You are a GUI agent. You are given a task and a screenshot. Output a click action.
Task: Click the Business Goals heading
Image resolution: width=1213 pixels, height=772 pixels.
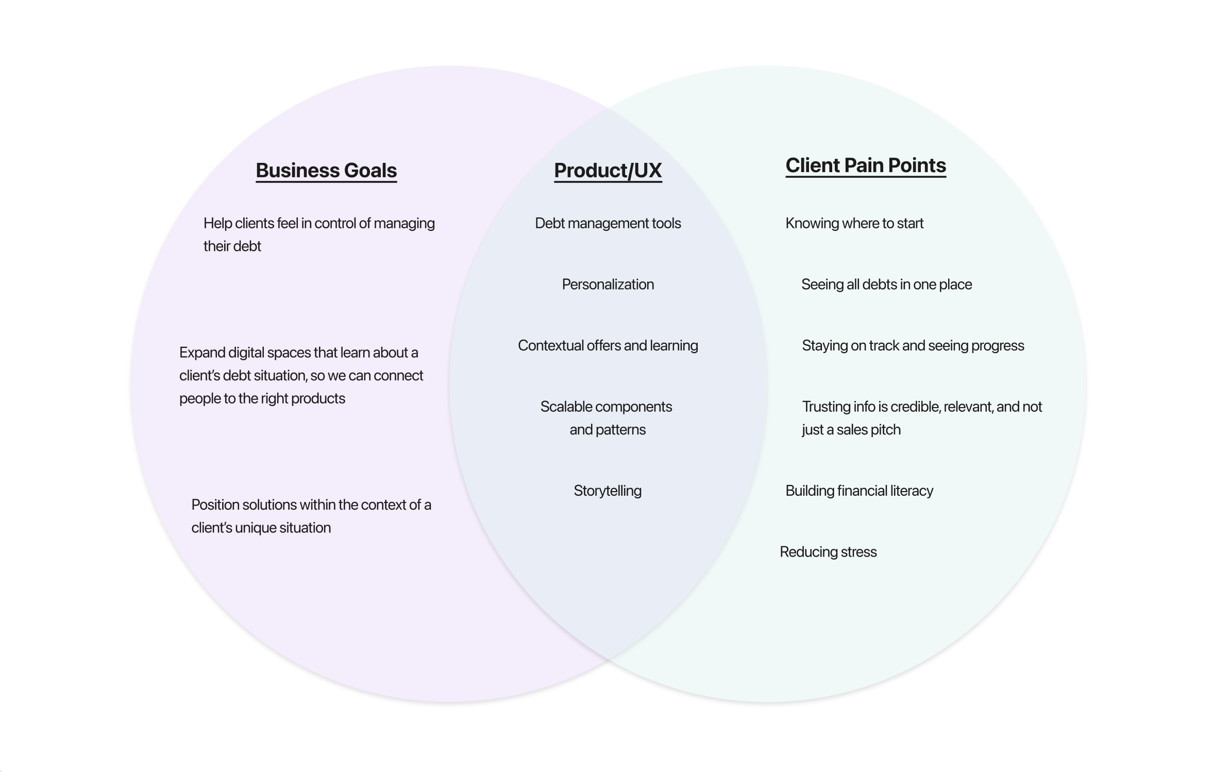326,171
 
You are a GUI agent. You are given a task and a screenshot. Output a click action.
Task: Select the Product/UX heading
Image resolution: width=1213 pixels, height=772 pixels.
608,171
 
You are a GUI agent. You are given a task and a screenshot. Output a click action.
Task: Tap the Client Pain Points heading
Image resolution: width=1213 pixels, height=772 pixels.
866,165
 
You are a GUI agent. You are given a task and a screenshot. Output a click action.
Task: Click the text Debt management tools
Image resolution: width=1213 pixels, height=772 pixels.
608,223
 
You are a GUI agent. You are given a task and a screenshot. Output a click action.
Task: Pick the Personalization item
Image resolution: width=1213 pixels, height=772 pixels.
608,284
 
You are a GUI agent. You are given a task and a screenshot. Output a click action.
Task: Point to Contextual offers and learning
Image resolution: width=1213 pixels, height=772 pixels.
608,345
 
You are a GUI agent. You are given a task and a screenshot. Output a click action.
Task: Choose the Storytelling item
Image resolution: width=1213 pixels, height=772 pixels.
608,491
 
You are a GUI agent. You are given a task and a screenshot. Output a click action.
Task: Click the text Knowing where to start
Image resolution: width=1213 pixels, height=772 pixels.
854,223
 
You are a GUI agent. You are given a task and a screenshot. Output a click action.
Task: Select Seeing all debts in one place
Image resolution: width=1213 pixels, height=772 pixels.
886,284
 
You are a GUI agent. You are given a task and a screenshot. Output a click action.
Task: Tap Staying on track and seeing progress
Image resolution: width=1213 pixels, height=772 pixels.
913,345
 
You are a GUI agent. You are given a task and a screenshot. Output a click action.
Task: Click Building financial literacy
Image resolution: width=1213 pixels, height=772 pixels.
859,491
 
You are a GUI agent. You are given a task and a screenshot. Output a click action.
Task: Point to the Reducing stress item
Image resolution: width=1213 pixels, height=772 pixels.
828,552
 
